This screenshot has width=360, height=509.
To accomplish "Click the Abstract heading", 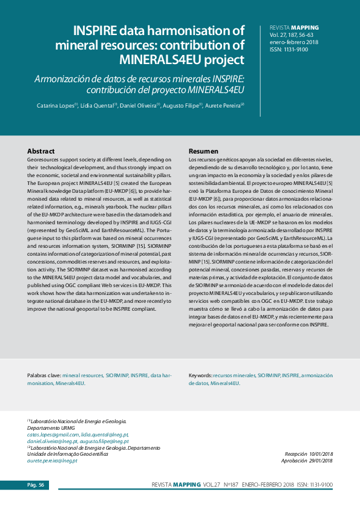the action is click(x=41, y=151).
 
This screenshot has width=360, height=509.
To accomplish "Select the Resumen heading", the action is click(x=203, y=151).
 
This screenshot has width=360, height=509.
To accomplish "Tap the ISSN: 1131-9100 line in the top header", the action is click(x=289, y=50).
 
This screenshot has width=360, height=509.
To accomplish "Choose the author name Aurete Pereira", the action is click(x=223, y=105).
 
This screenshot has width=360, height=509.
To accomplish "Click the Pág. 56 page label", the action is click(x=35, y=485).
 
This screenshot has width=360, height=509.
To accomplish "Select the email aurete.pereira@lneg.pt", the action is click(x=52, y=461).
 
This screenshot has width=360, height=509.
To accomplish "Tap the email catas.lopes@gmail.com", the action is click(x=53, y=435).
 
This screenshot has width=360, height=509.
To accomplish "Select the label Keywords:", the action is click(x=200, y=375).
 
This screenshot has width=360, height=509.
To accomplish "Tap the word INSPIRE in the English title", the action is click(x=98, y=31).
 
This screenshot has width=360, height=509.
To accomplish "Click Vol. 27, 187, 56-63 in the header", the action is click(x=291, y=35).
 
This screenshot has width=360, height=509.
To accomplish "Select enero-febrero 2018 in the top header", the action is click(x=293, y=42).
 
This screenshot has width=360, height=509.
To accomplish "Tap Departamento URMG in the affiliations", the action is click(x=48, y=428).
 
